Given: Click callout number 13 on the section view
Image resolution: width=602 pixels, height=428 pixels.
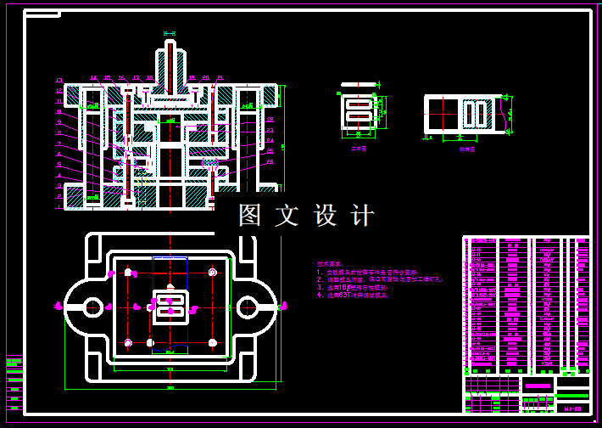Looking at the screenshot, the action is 59,81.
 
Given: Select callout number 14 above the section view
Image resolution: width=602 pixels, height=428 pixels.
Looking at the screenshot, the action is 93,78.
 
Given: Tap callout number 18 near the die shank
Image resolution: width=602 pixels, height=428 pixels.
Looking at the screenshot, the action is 149,78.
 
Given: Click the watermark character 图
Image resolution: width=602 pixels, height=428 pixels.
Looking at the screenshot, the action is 250,216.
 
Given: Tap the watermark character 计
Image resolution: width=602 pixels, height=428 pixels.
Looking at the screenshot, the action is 362,216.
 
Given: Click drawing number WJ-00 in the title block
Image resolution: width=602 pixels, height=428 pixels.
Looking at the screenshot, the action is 572,409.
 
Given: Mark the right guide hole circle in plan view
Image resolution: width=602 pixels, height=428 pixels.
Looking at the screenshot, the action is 247,307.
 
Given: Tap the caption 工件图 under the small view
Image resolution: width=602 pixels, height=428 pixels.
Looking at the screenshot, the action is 358,147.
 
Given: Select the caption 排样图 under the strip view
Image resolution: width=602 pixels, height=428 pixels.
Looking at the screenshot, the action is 465,149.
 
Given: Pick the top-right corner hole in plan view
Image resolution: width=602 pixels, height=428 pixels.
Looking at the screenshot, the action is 211,273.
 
